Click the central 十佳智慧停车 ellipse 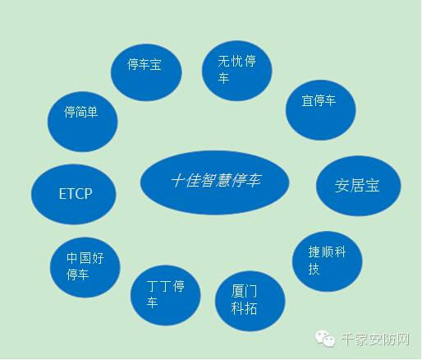coord(215,182)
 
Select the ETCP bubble coord(74,194)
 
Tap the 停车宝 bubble coord(146,72)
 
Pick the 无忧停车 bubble coord(237,71)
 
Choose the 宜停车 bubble coord(321,110)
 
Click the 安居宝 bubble coord(359,186)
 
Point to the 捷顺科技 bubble coord(328,261)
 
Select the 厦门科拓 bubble coord(250,301)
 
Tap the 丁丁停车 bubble coord(166,295)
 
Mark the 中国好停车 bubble coord(85,267)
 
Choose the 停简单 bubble coord(83,122)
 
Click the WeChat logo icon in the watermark coord(325,339)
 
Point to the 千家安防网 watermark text coord(375,339)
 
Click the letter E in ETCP coord(62,194)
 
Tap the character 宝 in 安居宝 coord(372,186)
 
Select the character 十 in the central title coord(178,181)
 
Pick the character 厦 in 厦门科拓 coord(237,291)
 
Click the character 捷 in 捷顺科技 coord(314,252)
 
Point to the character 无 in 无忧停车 coord(224,61)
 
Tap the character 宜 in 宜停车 coord(307,100)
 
